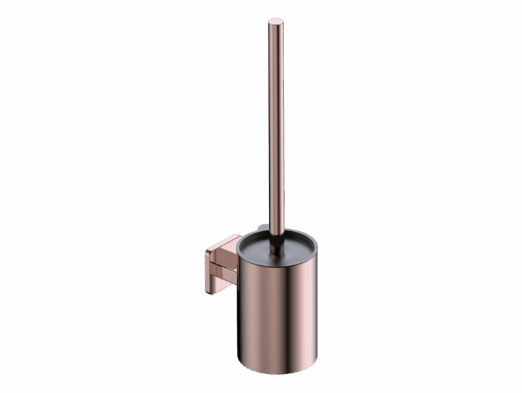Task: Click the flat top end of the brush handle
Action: click(x=275, y=22)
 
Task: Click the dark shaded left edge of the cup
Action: click(x=241, y=313)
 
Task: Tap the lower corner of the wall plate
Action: click(x=208, y=291)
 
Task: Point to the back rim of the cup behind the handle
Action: click(x=285, y=230)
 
